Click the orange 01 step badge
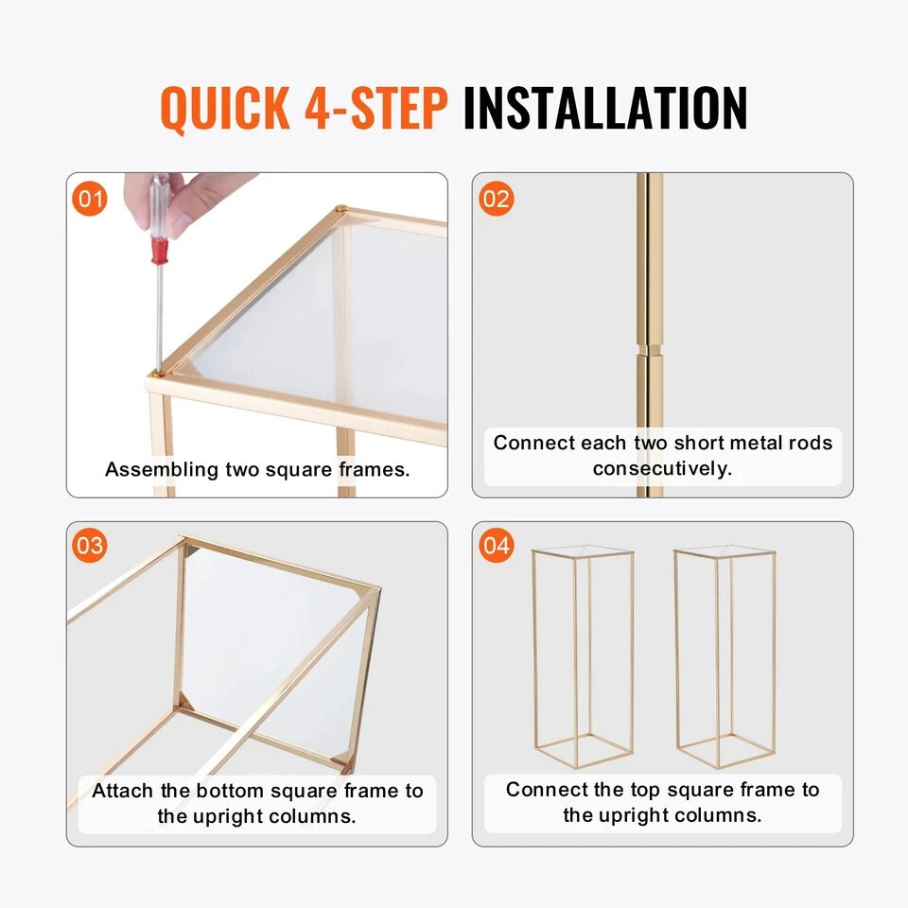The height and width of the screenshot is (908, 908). tap(90, 199)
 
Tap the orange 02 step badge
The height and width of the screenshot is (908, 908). tap(497, 199)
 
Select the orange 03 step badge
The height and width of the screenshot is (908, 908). tap(90, 545)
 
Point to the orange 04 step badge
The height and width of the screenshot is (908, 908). tap(497, 545)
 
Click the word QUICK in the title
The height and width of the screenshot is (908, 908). tap(225, 108)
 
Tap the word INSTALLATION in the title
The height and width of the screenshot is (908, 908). tap(605, 107)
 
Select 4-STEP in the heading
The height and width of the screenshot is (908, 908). tap(376, 107)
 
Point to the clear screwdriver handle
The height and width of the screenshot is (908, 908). tap(159, 206)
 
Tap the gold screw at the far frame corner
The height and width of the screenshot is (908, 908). tap(341, 207)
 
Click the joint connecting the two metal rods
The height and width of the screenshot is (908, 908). tap(649, 350)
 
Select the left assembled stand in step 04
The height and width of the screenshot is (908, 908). tap(583, 656)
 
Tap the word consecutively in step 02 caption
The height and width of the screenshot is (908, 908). tap(662, 468)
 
